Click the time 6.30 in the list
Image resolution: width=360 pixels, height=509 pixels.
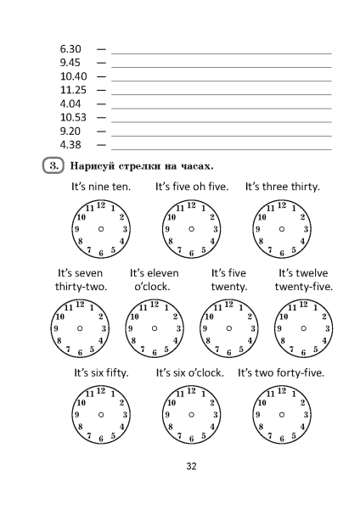point(70,50)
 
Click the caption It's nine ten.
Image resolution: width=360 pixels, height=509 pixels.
point(101,187)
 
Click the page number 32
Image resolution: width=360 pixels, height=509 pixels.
point(191,466)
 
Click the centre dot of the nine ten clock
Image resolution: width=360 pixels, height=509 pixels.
point(101,229)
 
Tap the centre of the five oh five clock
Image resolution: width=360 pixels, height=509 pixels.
point(191,229)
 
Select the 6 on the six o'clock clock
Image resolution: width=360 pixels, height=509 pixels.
point(191,438)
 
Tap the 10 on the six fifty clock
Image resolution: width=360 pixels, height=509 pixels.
point(82,402)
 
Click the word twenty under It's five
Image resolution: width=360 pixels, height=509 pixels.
point(228,287)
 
